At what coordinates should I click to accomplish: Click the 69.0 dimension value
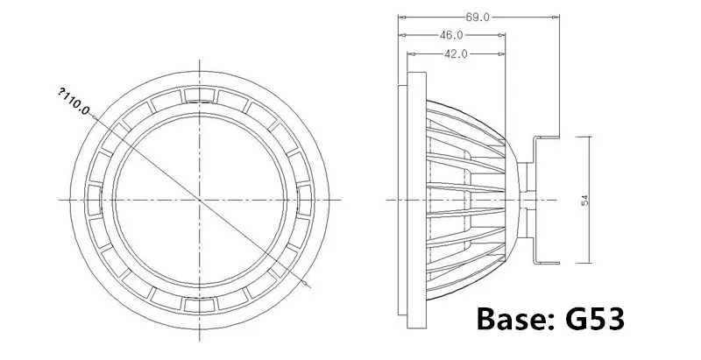478,18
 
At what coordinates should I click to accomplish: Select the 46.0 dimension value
450,35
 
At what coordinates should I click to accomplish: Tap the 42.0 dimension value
456,54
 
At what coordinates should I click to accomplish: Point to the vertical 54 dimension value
584,200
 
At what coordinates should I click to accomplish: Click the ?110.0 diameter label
74,102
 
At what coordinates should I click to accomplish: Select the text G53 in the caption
595,320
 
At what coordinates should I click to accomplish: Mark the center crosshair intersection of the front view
200,200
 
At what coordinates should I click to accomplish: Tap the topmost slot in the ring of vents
200,95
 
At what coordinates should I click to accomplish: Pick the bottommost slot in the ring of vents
200,305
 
